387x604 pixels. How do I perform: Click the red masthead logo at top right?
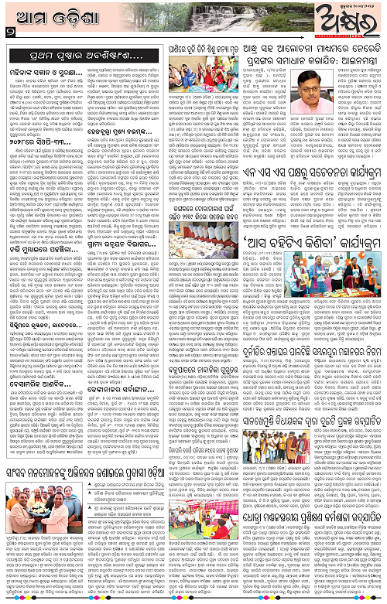point(353,23)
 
